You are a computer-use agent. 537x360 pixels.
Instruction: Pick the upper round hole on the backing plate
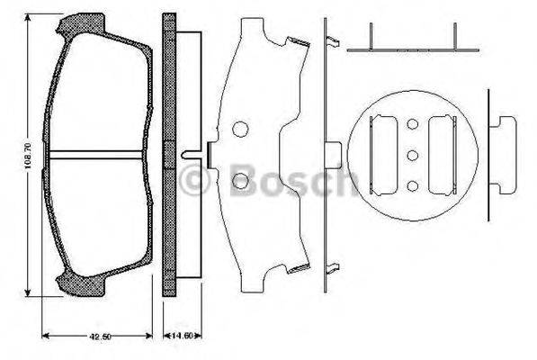[240, 129]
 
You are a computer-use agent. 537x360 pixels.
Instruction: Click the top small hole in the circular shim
[413, 125]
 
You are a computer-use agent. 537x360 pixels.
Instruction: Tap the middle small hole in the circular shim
[413, 156]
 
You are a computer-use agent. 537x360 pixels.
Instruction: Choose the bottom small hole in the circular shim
[413, 186]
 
